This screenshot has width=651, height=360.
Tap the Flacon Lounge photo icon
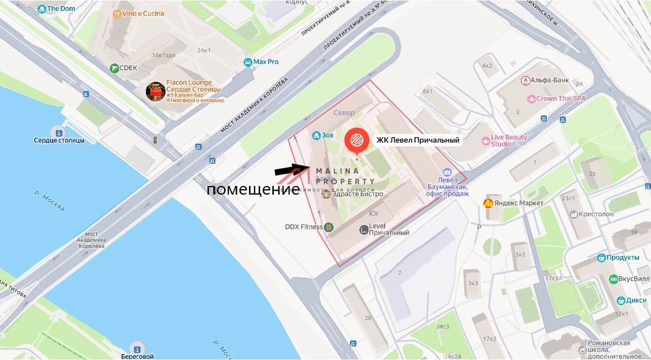pos(155,92)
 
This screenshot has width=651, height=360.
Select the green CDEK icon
pos(114,68)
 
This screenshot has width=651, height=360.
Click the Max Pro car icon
pos(248,62)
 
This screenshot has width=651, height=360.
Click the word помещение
pos(253,190)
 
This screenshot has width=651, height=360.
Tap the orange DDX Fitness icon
pos(328,227)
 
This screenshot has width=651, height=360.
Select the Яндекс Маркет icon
pos(488,203)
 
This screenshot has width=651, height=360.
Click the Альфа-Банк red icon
pos(525,81)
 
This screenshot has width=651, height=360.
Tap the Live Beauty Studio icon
pos(486,141)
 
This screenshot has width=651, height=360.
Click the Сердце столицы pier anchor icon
pos(56,131)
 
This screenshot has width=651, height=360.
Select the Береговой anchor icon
pos(137,348)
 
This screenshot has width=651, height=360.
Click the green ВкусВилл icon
pos(614,279)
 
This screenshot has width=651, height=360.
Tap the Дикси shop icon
pos(621,300)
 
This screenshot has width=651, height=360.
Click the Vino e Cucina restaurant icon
pos(116,14)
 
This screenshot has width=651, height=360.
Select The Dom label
pos(60,9)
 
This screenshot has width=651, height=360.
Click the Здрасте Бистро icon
pos(325,194)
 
